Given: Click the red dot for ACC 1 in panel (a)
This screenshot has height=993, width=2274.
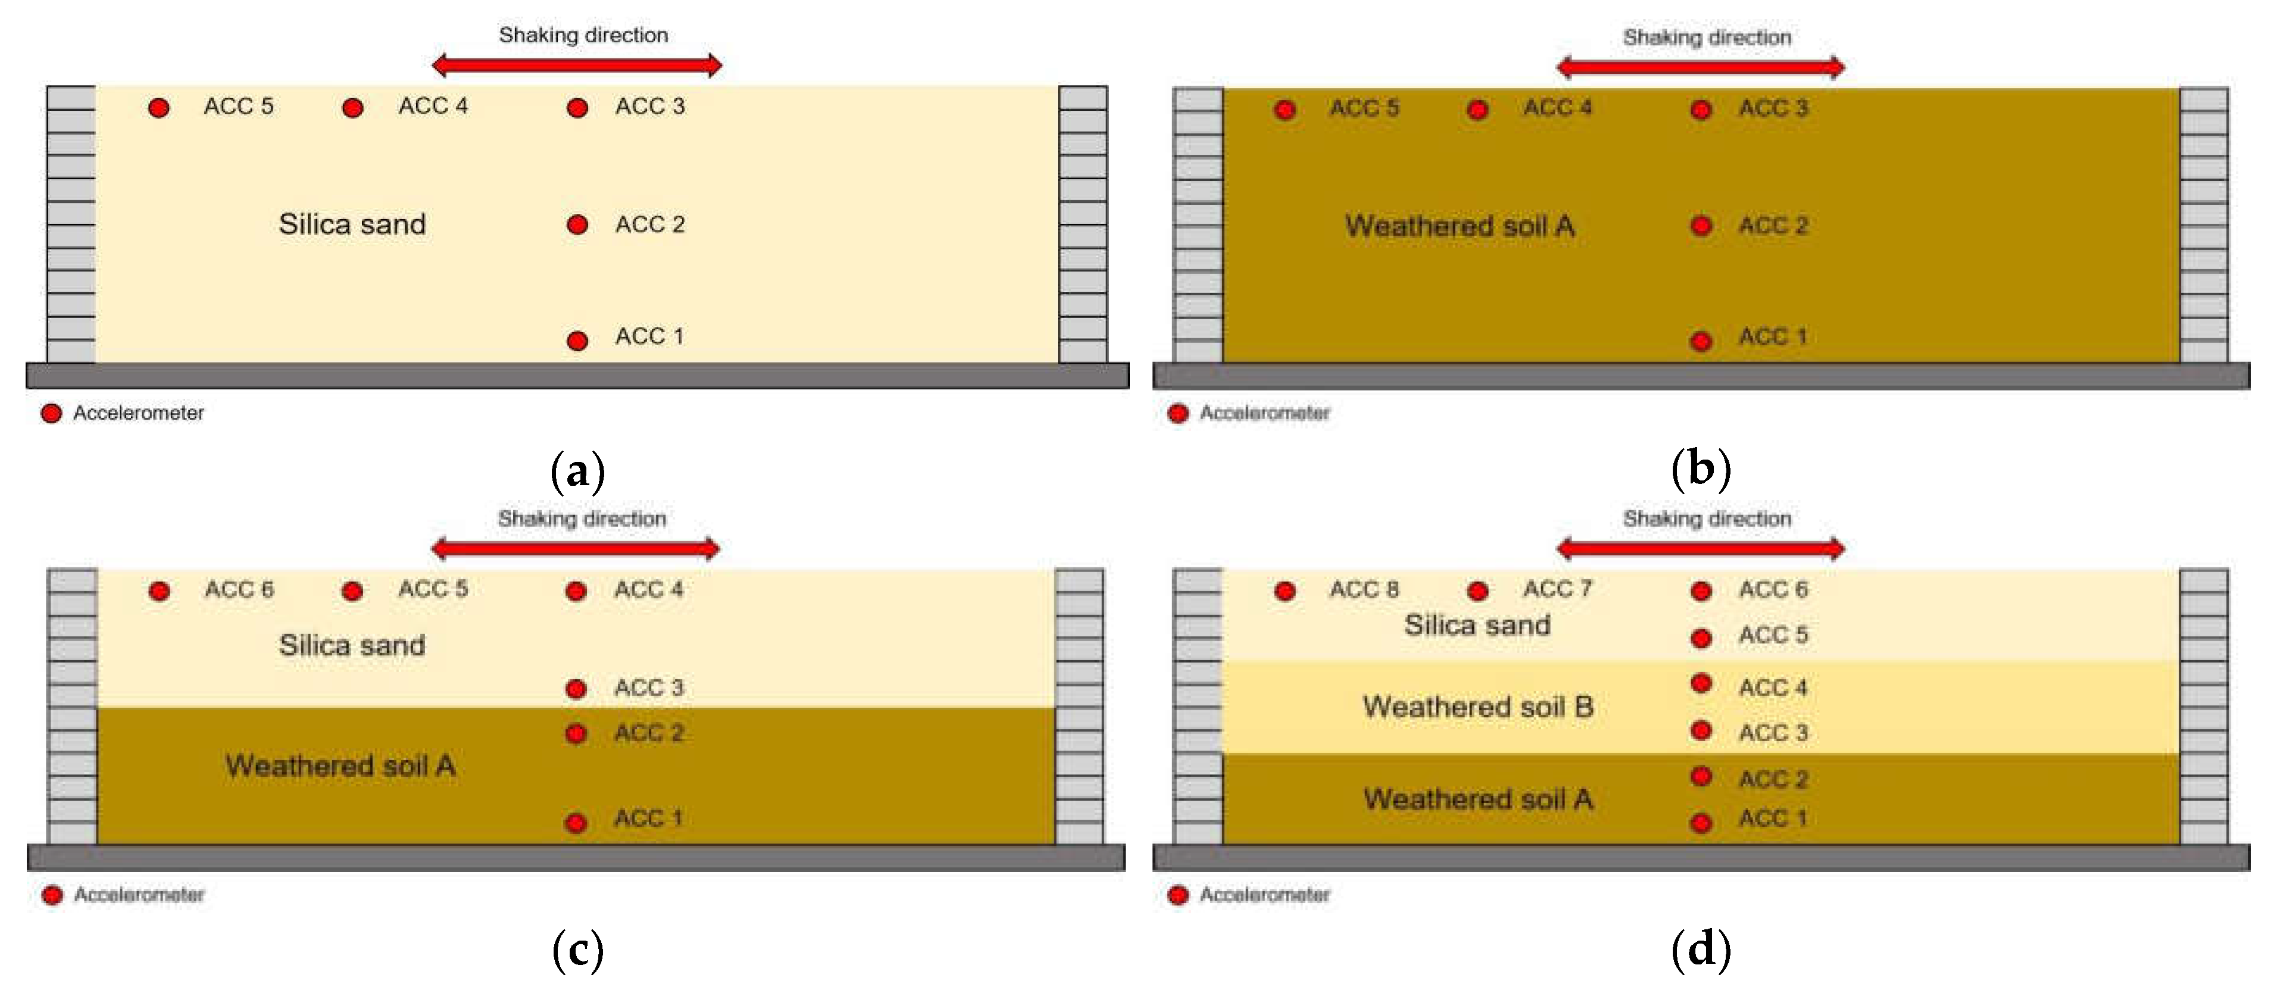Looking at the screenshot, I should coord(577,341).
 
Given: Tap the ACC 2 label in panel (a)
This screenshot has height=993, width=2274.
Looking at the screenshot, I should coord(649,224).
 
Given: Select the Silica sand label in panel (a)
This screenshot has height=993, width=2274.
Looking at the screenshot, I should coord(352,224).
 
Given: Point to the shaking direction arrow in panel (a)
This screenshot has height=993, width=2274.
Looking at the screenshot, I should coord(576,64).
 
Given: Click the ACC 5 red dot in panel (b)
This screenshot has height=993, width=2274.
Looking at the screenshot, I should coord(1285,110).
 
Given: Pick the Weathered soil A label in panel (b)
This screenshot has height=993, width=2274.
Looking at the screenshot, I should coord(1459,226).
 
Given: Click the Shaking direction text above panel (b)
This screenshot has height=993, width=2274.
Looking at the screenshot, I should coord(1707,37).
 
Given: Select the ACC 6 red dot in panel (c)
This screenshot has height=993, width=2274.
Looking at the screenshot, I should coord(159,591).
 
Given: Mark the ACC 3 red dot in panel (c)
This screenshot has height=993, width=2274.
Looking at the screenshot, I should coord(576,688).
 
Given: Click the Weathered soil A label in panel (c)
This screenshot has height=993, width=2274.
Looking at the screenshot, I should coord(341,765).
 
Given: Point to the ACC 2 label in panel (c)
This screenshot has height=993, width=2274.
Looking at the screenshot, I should coord(649,733).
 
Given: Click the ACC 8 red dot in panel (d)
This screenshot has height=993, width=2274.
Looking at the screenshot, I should coord(1285,591).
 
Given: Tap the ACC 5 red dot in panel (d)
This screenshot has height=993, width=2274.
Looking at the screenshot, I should coord(1701,637).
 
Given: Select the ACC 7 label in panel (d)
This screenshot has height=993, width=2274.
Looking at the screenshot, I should coord(1557,589).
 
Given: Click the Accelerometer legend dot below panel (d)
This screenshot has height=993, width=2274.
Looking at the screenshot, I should coord(1177,895).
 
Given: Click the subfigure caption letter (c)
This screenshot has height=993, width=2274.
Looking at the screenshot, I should coord(577,951).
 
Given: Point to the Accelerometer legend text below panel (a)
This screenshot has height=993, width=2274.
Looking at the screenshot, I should coord(139,413).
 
